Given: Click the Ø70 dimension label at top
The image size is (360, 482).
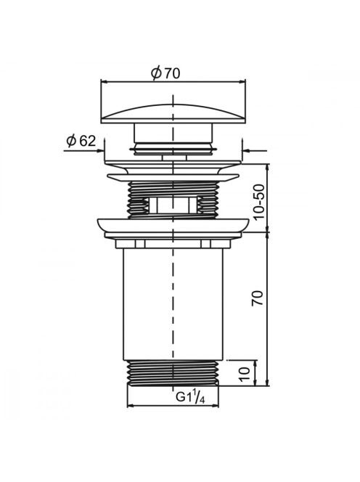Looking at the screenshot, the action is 165,73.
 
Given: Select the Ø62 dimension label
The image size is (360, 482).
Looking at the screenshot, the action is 81,141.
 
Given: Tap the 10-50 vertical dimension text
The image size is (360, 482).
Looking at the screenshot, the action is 258,201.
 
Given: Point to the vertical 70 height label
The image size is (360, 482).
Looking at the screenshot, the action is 258,298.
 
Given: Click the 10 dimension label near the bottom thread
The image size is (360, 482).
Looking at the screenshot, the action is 245,374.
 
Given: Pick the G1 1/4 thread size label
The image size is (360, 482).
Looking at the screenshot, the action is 190,397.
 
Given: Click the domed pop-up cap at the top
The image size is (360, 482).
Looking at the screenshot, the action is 173,113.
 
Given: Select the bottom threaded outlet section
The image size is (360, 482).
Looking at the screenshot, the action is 173,372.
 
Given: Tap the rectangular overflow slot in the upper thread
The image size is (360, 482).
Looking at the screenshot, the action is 172,205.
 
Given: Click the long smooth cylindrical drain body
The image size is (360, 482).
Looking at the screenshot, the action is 173,303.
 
